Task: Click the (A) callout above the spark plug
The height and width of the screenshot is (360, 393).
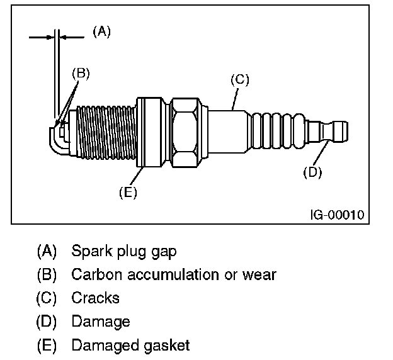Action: [101, 31]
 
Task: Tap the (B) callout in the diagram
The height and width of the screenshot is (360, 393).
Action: [81, 72]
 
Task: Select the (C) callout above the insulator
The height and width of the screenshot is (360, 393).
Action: [240, 79]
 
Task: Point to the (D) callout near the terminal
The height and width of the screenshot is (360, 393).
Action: [312, 172]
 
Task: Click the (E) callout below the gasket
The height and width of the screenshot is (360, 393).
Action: [128, 193]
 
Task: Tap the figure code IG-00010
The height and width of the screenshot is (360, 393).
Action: [337, 215]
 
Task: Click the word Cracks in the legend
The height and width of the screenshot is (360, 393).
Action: [95, 298]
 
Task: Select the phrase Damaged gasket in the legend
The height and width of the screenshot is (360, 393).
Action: [130, 345]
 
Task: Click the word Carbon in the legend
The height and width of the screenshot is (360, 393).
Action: [93, 274]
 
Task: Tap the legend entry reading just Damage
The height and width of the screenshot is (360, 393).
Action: [100, 322]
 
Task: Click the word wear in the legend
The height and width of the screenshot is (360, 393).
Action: [262, 274]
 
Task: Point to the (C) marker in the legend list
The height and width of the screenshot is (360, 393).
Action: [47, 298]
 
